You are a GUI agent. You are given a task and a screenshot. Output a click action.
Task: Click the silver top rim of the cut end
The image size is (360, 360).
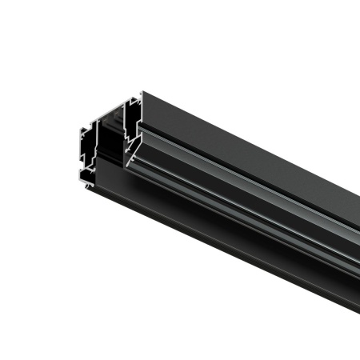(x=132, y=98)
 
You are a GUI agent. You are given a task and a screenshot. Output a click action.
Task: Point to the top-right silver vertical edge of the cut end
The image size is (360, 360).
(x=142, y=108)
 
